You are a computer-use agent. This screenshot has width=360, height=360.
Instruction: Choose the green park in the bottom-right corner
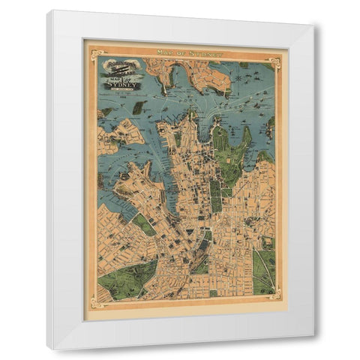pos(265,270)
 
